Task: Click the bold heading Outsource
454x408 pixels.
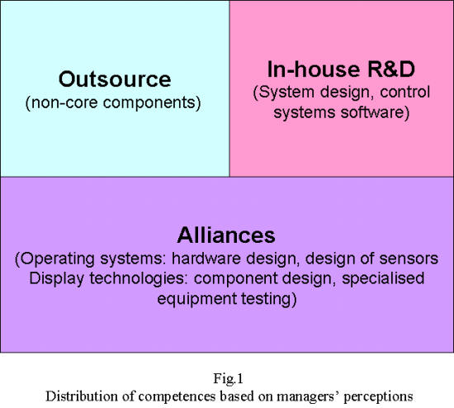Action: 115,78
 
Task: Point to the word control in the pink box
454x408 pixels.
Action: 404,92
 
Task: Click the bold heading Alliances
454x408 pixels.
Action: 226,235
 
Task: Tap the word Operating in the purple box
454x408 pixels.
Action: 58,259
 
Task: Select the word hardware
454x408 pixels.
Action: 206,259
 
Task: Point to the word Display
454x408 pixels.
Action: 56,278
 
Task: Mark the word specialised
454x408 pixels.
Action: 383,278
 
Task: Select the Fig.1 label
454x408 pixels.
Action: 228,378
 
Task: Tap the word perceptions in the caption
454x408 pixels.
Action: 378,397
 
